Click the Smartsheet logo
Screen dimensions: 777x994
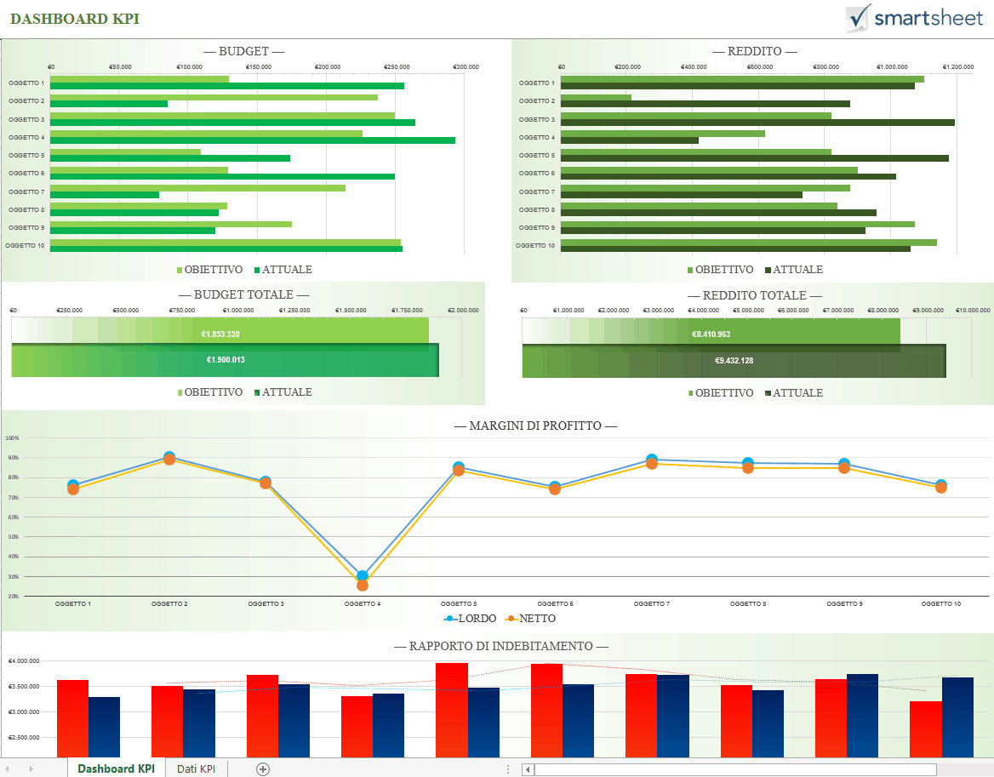[914, 18]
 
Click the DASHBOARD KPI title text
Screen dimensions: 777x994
[75, 19]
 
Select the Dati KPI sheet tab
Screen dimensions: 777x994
[196, 768]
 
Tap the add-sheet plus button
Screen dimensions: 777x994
[263, 768]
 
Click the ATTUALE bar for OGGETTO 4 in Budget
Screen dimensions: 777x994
[252, 140]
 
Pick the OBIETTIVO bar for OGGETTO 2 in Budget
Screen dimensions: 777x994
[214, 97]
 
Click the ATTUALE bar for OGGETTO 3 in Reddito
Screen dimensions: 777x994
[757, 123]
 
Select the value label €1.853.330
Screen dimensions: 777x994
[220, 334]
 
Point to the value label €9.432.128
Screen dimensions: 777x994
[734, 361]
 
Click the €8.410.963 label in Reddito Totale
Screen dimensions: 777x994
[711, 334]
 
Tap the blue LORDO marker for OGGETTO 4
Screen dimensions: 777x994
[363, 576]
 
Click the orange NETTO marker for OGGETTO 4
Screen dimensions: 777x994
[363, 586]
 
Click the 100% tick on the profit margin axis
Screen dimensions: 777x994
[12, 438]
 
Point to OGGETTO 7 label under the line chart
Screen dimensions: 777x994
[651, 603]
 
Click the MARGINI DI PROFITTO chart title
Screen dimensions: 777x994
[535, 426]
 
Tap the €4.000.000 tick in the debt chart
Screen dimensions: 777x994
[25, 661]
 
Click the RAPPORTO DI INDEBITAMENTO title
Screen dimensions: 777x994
[500, 647]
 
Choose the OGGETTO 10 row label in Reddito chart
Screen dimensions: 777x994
[535, 246]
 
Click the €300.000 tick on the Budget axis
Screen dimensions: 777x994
[466, 66]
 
